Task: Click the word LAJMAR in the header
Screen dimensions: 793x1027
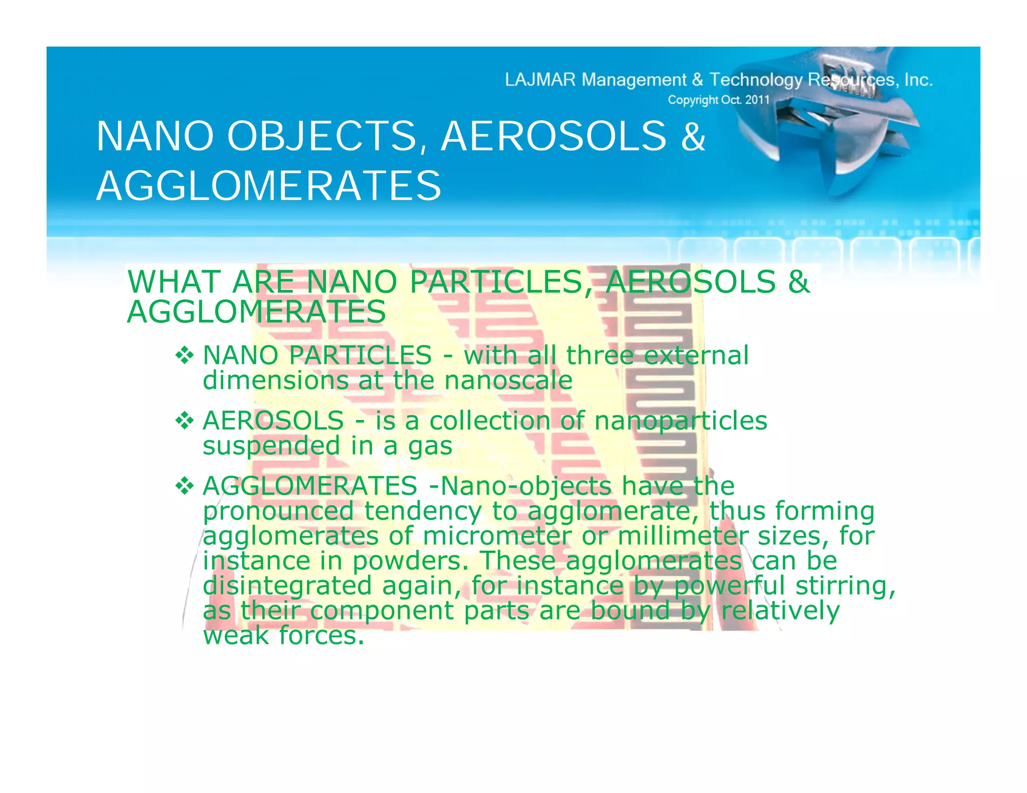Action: (540, 80)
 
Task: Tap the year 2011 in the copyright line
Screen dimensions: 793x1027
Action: (757, 100)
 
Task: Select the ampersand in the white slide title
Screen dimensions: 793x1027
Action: (693, 136)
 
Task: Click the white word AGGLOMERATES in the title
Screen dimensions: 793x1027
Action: (269, 186)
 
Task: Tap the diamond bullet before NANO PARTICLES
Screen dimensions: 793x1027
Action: (185, 355)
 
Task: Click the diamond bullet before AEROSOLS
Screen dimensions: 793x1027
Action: (185, 421)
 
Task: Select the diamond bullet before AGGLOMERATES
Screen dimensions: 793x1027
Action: (185, 486)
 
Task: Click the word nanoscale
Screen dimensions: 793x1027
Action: (508, 380)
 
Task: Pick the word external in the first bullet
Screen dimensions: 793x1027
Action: (696, 355)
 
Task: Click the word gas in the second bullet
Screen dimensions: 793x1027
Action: (430, 446)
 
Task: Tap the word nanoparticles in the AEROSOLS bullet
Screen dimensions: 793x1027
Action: (680, 421)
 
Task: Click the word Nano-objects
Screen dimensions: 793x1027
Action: (526, 486)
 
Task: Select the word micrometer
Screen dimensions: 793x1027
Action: (496, 536)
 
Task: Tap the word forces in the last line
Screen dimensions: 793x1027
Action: (321, 636)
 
